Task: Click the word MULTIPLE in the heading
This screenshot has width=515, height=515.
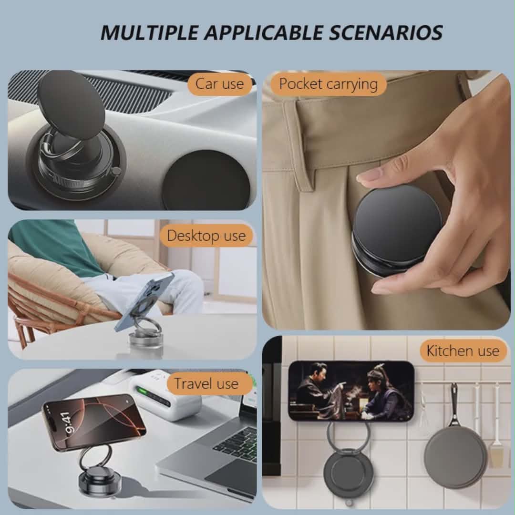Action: coord(149,32)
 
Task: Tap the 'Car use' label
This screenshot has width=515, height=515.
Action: coord(219,84)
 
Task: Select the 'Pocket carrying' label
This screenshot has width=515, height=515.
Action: coord(328,84)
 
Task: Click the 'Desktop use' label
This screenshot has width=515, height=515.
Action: coord(206,236)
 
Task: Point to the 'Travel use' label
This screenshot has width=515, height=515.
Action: coord(206,383)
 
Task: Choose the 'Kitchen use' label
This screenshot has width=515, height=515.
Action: coord(463,351)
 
